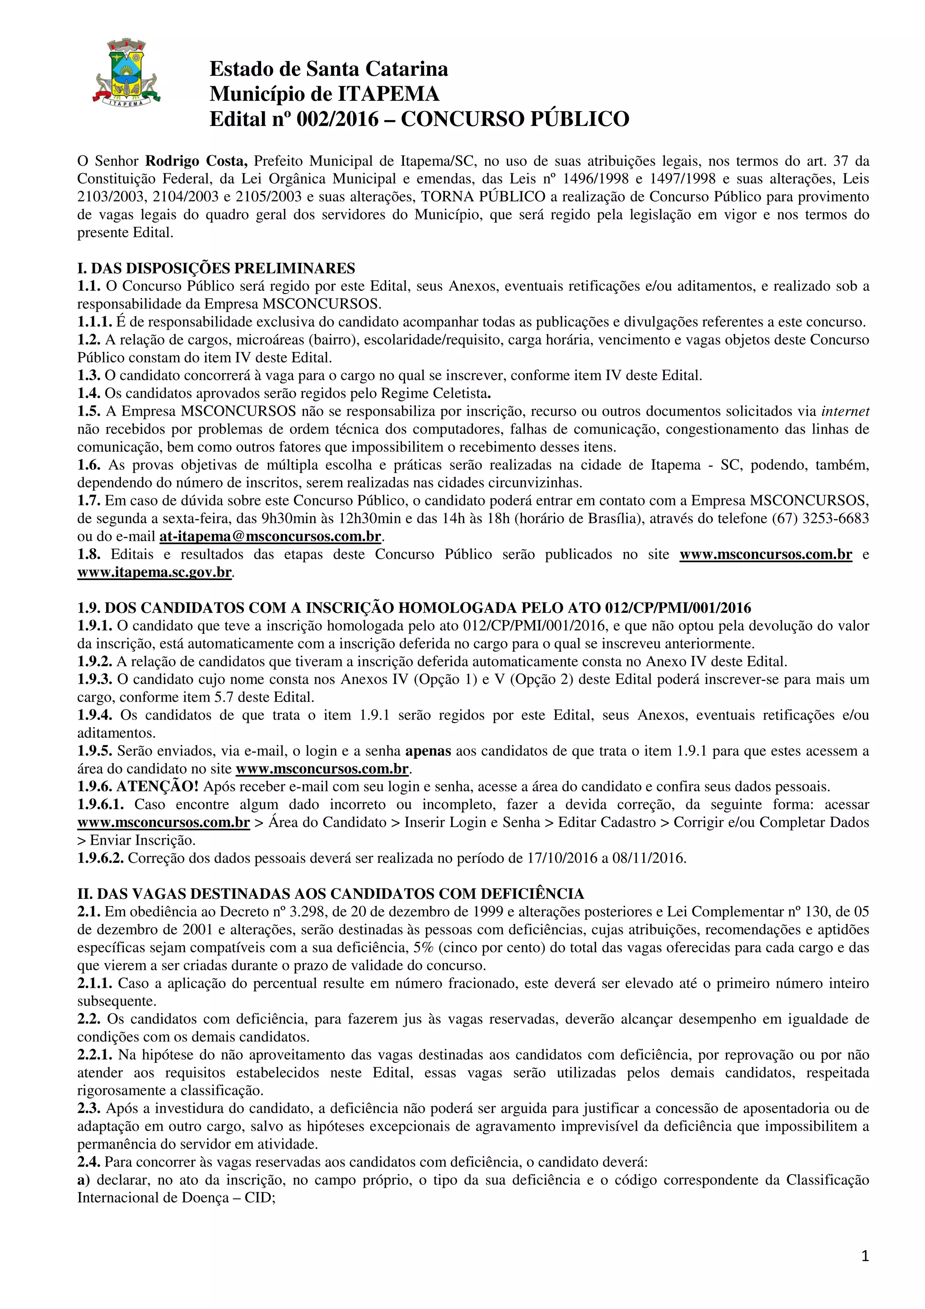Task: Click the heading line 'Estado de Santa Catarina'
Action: click(x=329, y=69)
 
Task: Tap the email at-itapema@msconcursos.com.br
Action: click(x=270, y=537)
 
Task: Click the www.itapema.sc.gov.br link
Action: click(x=154, y=572)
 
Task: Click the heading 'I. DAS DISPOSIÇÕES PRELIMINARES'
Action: click(x=216, y=268)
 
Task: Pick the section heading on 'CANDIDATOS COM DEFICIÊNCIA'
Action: click(x=331, y=894)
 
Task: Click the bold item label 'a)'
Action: click(x=83, y=1180)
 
